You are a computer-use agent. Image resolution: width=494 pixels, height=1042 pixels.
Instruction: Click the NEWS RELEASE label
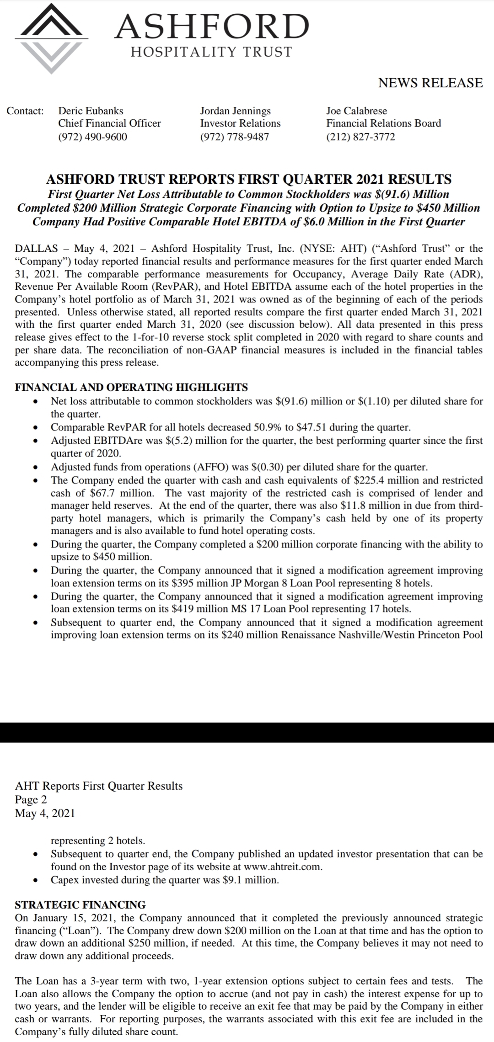430,83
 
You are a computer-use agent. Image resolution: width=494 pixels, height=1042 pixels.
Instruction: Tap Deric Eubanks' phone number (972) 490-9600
92,137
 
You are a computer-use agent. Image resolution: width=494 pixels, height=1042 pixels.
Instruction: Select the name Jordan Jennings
235,111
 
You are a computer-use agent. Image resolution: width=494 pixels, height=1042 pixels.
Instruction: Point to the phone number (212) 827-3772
360,137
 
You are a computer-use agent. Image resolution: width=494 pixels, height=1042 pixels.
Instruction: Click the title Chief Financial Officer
109,123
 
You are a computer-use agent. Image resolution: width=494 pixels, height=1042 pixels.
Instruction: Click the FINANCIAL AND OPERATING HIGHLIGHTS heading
131,387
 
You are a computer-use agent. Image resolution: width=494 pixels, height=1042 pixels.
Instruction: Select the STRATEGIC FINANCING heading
80,904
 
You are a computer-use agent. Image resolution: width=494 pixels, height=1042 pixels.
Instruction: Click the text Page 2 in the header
31,799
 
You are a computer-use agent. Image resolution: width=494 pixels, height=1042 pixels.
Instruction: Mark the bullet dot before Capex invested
34,880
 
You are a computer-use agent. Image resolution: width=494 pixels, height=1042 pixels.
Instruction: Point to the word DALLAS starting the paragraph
37,249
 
